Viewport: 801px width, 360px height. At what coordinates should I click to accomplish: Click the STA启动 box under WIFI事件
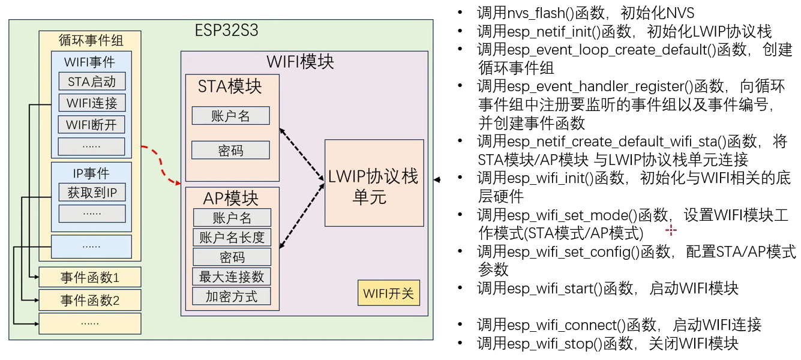(92, 81)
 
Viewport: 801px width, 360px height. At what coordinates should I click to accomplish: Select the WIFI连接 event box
(92, 103)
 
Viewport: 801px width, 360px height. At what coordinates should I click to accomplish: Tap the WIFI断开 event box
(92, 124)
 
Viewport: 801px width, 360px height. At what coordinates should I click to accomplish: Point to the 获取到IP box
(92, 193)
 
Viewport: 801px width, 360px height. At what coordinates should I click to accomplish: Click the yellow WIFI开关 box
(389, 293)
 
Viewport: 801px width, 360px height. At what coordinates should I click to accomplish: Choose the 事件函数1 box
(90, 277)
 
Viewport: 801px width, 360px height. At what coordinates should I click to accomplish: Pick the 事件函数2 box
(90, 300)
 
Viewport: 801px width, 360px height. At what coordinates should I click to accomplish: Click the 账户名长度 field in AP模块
(232, 237)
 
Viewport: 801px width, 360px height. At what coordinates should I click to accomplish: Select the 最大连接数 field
(232, 277)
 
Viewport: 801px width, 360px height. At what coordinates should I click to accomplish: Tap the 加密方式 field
(232, 296)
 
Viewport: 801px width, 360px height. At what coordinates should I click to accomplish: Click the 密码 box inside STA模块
(230, 150)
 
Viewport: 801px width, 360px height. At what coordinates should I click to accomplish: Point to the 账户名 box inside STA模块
(230, 115)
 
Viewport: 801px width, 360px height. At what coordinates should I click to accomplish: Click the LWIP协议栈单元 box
(374, 183)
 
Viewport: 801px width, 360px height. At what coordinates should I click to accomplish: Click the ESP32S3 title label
(226, 30)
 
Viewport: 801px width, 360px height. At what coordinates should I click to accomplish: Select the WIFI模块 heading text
(300, 61)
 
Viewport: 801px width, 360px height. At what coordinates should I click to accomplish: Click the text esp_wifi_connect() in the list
(566, 325)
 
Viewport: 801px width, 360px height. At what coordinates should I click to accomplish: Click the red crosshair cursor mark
(671, 230)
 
